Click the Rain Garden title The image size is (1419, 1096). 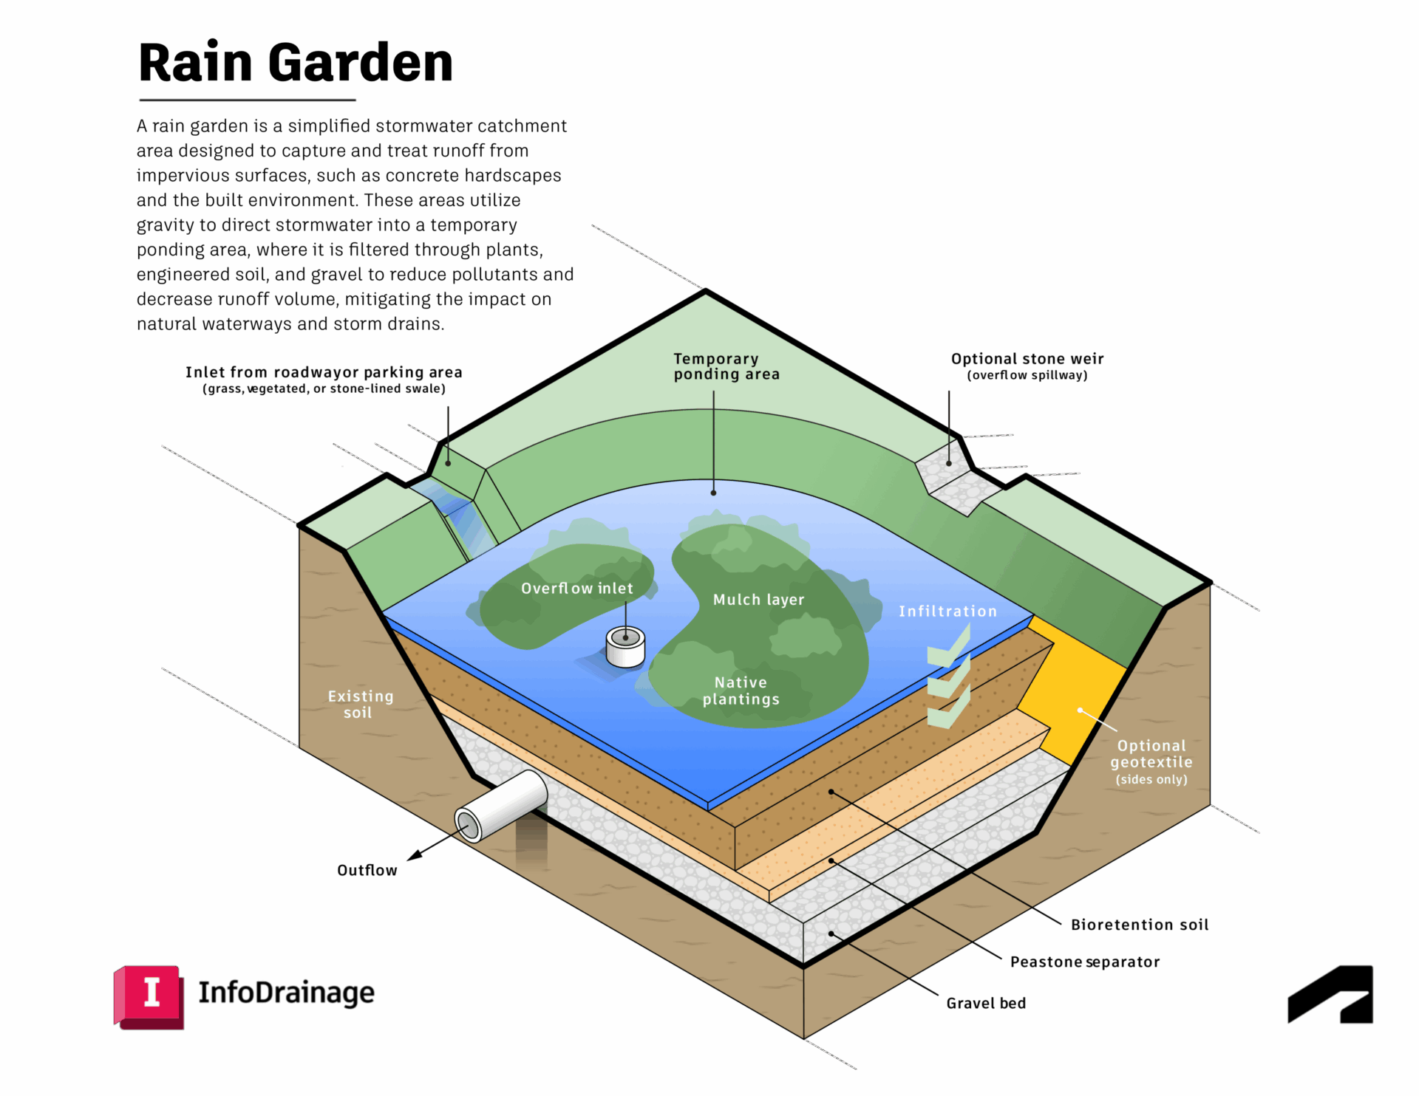(x=296, y=64)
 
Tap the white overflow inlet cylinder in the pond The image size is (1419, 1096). (x=625, y=647)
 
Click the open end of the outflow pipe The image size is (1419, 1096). (x=469, y=825)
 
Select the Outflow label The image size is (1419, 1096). (x=367, y=871)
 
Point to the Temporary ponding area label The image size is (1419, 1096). (x=726, y=366)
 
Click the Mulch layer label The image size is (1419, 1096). (x=758, y=600)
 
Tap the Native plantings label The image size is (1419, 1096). (x=741, y=691)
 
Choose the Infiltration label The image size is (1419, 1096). (x=947, y=612)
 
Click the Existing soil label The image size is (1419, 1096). (x=360, y=704)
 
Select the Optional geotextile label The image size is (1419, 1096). (x=1151, y=761)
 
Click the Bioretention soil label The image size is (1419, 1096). (x=1139, y=925)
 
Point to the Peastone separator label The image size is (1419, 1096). (x=1084, y=962)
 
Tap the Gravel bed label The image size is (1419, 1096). (x=986, y=1003)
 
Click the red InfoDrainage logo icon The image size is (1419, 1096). (x=149, y=996)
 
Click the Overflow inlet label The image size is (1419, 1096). (x=576, y=589)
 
